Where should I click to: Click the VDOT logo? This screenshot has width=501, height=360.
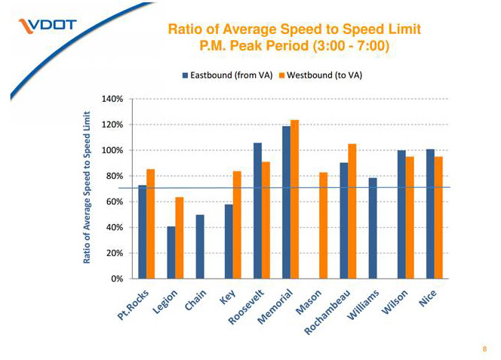tap(48, 26)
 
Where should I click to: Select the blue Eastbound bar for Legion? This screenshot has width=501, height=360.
tap(171, 252)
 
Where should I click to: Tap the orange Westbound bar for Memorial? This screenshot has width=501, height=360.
tap(294, 199)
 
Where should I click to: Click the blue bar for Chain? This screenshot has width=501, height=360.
tap(200, 247)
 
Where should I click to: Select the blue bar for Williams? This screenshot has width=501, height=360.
tap(373, 228)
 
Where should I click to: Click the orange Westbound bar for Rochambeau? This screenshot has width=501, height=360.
tap(352, 211)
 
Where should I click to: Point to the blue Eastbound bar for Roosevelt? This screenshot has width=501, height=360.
tap(257, 211)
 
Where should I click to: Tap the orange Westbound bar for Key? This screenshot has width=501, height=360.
tap(237, 225)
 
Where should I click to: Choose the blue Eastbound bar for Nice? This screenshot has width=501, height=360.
tap(430, 214)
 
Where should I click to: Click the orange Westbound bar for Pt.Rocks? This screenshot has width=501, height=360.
tap(151, 223)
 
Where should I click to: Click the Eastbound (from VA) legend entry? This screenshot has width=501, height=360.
tap(227, 75)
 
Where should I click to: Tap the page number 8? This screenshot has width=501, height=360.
tap(484, 349)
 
